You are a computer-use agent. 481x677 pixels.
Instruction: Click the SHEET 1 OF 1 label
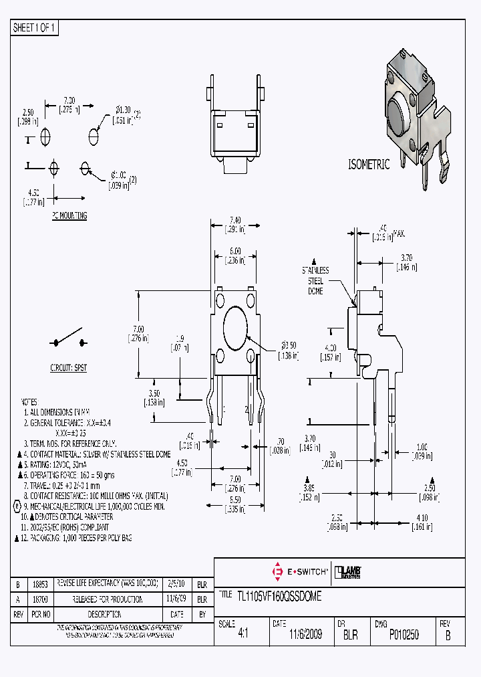coord(35,27)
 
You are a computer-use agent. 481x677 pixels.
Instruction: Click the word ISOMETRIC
coord(368,165)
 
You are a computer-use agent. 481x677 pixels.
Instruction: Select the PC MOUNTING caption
coord(69,216)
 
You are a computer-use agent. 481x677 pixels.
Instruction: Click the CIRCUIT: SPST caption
coord(69,368)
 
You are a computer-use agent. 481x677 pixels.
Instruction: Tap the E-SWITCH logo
coord(300,572)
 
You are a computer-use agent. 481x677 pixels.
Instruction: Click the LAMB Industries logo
coord(348,572)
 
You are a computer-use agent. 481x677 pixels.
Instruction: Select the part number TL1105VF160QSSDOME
coord(279,597)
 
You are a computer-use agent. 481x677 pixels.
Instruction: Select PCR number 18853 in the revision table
coord(42,584)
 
